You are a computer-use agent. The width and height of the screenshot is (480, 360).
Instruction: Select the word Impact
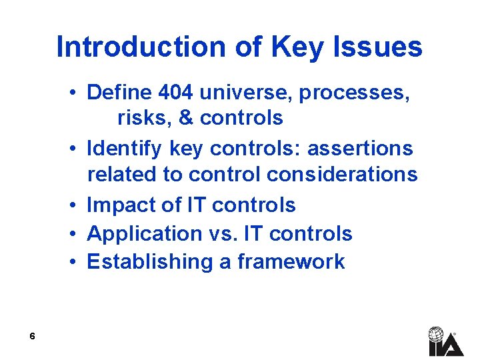[121, 205]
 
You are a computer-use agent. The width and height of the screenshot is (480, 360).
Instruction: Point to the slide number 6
[32, 337]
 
